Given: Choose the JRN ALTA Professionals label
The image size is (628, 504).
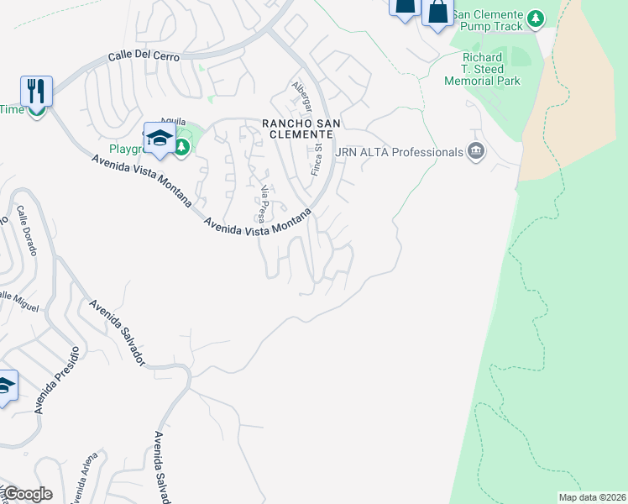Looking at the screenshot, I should pyautogui.click(x=399, y=152).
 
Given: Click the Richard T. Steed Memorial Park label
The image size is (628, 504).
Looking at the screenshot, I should pyautogui.click(x=491, y=69).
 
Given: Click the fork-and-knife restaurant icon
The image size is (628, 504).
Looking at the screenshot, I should pyautogui.click(x=36, y=89).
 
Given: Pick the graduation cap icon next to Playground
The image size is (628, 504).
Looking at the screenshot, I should pyautogui.click(x=159, y=139).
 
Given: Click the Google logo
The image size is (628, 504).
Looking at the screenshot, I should pyautogui.click(x=27, y=494).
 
